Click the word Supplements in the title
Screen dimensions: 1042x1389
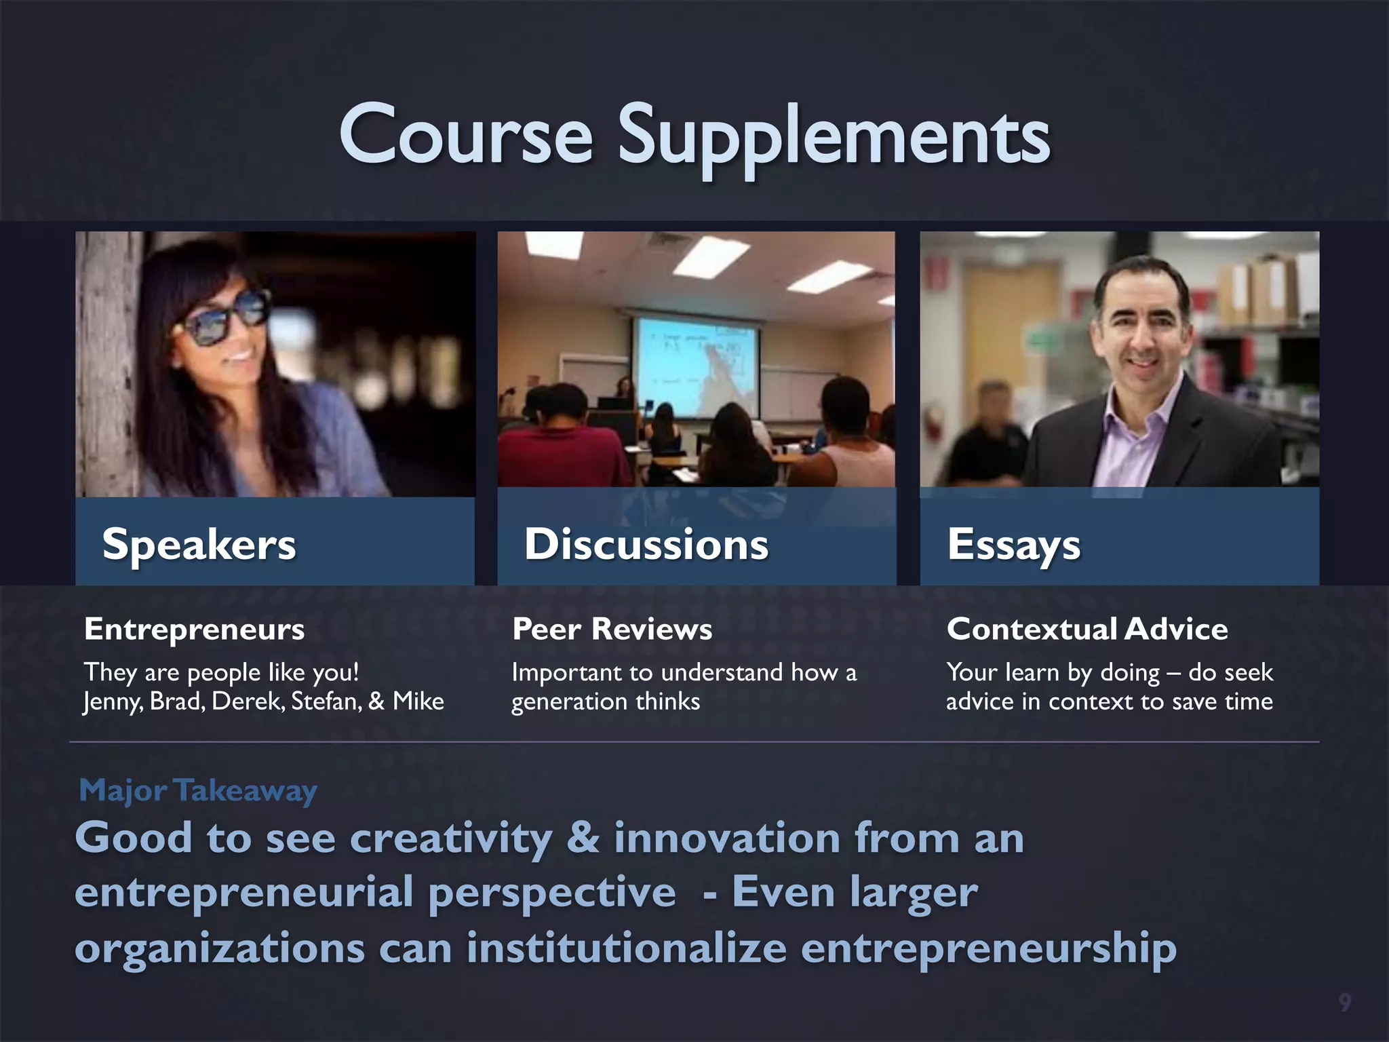834,136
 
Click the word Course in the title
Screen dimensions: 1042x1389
467,136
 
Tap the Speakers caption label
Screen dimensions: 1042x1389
199,544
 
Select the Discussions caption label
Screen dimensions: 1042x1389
646,544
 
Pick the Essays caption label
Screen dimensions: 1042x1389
1013,545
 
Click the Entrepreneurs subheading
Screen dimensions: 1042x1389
195,629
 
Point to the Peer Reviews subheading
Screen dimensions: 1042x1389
612,629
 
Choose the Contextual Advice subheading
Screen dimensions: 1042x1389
1087,629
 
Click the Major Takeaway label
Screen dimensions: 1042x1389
198,790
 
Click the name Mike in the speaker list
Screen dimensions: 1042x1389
418,701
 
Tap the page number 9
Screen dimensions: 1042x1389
1344,1001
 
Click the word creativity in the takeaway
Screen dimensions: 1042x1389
451,838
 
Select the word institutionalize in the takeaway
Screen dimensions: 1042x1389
626,948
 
